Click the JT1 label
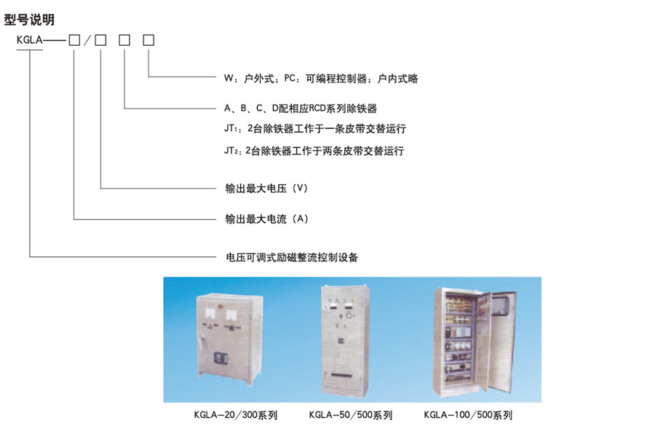pyautogui.click(x=231, y=130)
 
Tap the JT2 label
pyautogui.click(x=231, y=151)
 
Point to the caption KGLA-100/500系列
pyautogui.click(x=468, y=415)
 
